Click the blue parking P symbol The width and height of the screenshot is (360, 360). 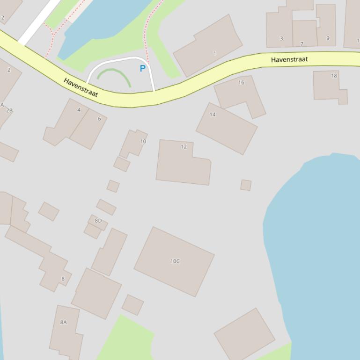point(143,69)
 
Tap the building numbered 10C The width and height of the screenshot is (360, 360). point(174,261)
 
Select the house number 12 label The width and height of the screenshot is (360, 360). point(184,146)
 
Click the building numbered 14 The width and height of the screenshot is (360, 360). point(227,128)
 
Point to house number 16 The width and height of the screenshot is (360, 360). point(241,82)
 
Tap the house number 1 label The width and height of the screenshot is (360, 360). point(215,53)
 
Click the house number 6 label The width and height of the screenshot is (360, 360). point(99,119)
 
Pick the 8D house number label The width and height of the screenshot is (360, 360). point(98,221)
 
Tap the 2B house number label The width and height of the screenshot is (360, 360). point(9,110)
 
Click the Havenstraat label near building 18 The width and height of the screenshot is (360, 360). point(289,59)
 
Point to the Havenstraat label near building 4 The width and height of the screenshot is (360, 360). point(81,87)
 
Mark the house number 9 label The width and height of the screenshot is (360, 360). point(328,38)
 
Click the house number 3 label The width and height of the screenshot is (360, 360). point(281,38)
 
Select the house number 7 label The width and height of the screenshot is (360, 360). point(301,44)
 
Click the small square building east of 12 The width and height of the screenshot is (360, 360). point(246,185)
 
